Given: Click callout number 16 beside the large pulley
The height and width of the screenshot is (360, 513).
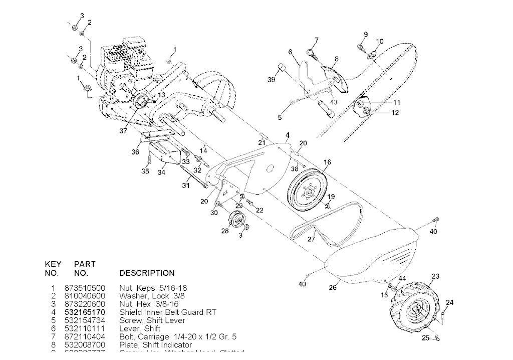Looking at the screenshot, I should [328, 162].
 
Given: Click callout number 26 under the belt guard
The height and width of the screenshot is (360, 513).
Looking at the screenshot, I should [333, 288].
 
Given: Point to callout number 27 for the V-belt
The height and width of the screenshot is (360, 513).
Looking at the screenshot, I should [311, 240].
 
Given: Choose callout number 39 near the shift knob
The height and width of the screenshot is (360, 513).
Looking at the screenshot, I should [271, 80].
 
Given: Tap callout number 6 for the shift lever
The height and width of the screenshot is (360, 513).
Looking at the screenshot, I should [290, 52].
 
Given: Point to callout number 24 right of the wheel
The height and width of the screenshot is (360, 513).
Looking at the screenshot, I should [449, 302].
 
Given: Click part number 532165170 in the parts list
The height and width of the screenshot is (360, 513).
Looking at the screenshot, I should [85, 312].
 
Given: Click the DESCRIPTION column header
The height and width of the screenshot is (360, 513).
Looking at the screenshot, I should [147, 273].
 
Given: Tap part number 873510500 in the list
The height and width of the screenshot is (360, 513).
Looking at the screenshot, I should [85, 288].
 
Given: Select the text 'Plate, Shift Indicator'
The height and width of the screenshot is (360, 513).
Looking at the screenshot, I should [155, 345].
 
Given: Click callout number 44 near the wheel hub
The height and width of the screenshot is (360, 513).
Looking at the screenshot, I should [402, 278].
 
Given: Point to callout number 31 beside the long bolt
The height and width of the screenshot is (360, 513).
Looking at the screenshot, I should [186, 186].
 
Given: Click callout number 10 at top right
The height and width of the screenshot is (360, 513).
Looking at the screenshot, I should [379, 41].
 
